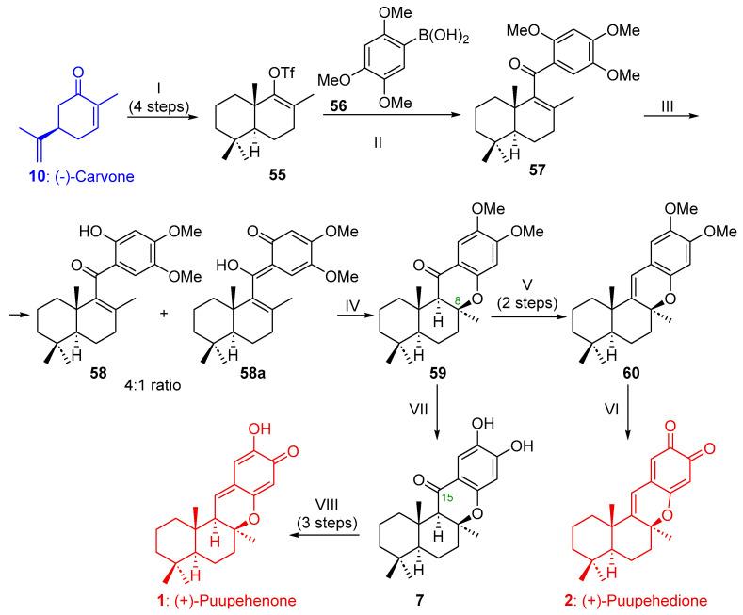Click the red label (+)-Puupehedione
point(640,598)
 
